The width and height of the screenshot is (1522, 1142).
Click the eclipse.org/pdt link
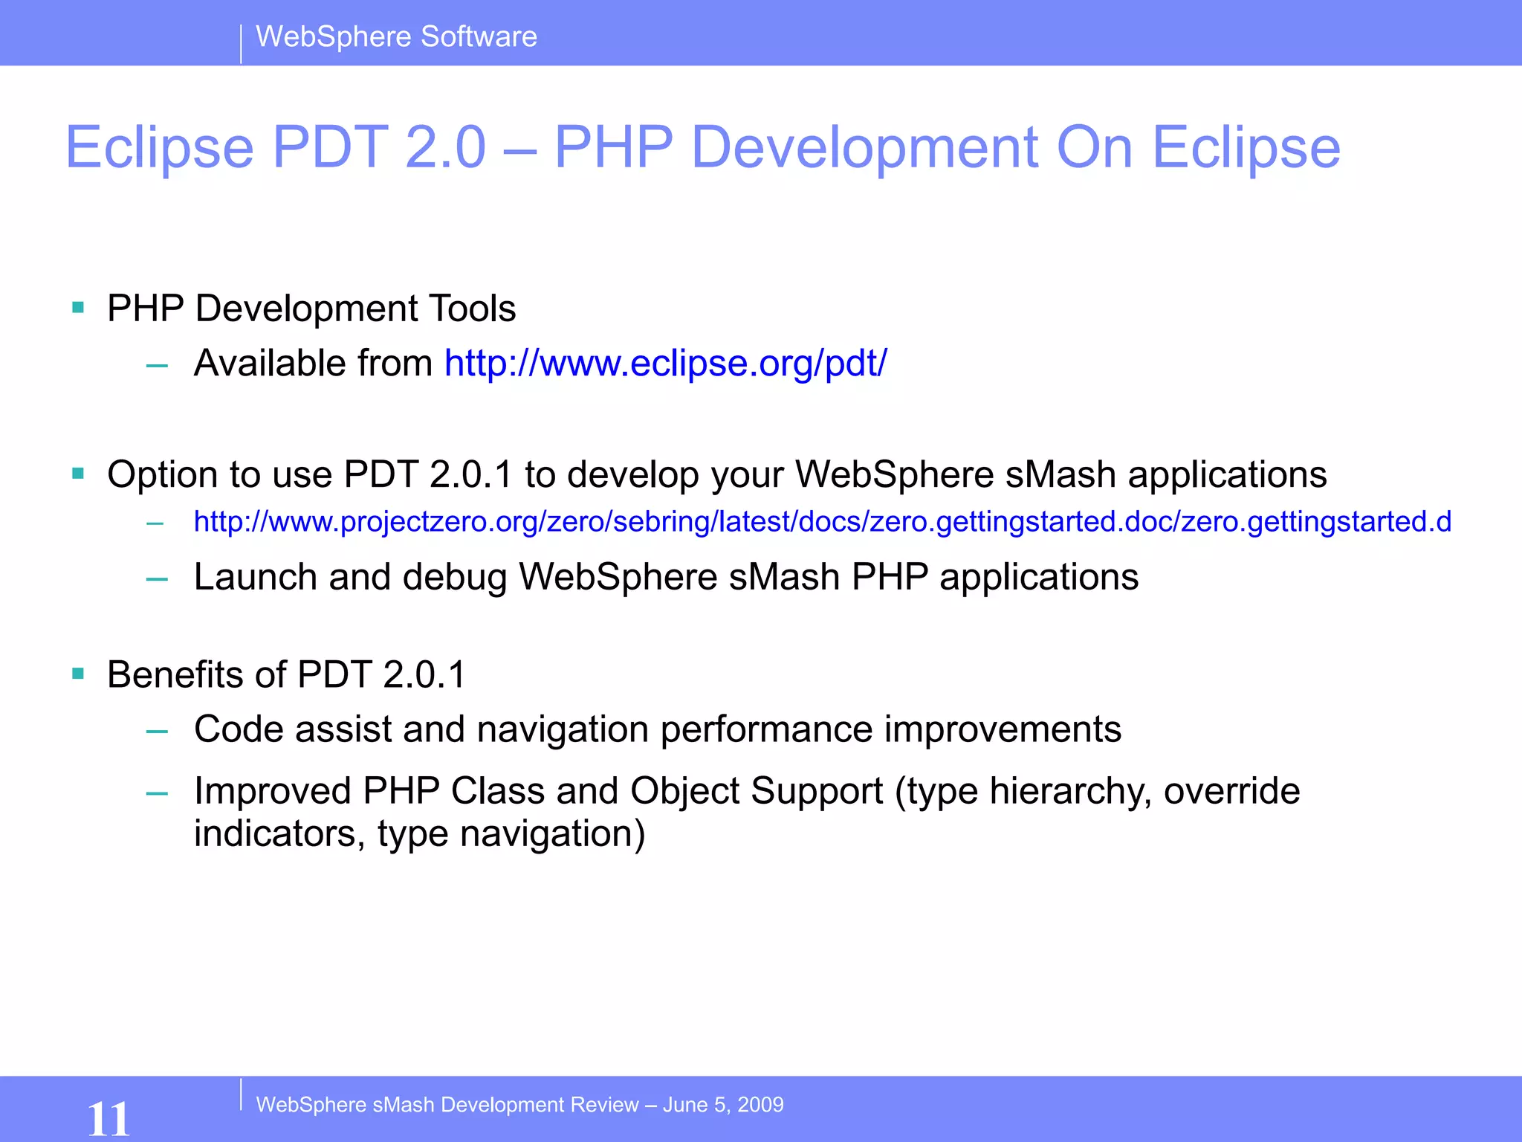pyautogui.click(x=665, y=364)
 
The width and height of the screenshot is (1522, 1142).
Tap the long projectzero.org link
pyautogui.click(x=822, y=522)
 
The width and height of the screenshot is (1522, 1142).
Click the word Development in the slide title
pyautogui.click(x=864, y=147)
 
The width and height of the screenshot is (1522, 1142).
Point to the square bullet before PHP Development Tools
pyautogui.click(x=78, y=307)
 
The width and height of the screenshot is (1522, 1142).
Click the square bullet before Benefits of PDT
pyautogui.click(x=78, y=674)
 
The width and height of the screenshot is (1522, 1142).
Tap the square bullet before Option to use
pyautogui.click(x=78, y=473)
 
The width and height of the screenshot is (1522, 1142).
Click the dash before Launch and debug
pyautogui.click(x=157, y=579)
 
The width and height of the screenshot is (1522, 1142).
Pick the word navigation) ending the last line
pyautogui.click(x=552, y=834)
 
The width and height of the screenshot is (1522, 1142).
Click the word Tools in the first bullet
pyautogui.click(x=472, y=309)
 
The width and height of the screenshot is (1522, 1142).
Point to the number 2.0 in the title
pyautogui.click(x=445, y=147)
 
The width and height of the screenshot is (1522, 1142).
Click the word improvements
pyautogui.click(x=1002, y=729)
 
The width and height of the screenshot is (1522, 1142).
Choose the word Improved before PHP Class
pyautogui.click(x=272, y=791)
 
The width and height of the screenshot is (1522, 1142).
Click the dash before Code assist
pyautogui.click(x=157, y=732)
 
